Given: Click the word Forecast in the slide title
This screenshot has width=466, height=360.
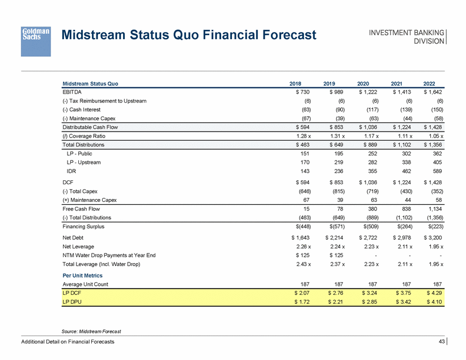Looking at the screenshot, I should click(278, 36).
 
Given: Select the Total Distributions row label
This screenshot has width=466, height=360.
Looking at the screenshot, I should click(83, 145).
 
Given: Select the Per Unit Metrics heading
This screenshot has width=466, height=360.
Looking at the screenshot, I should click(82, 275).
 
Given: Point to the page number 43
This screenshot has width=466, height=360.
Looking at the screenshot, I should click(441, 341).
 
